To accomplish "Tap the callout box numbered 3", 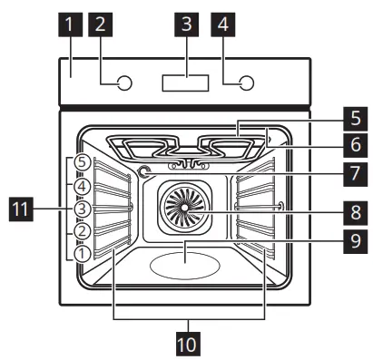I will (x=186, y=26).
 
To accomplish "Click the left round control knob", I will (x=125, y=84).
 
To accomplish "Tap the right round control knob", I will (x=246, y=84).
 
